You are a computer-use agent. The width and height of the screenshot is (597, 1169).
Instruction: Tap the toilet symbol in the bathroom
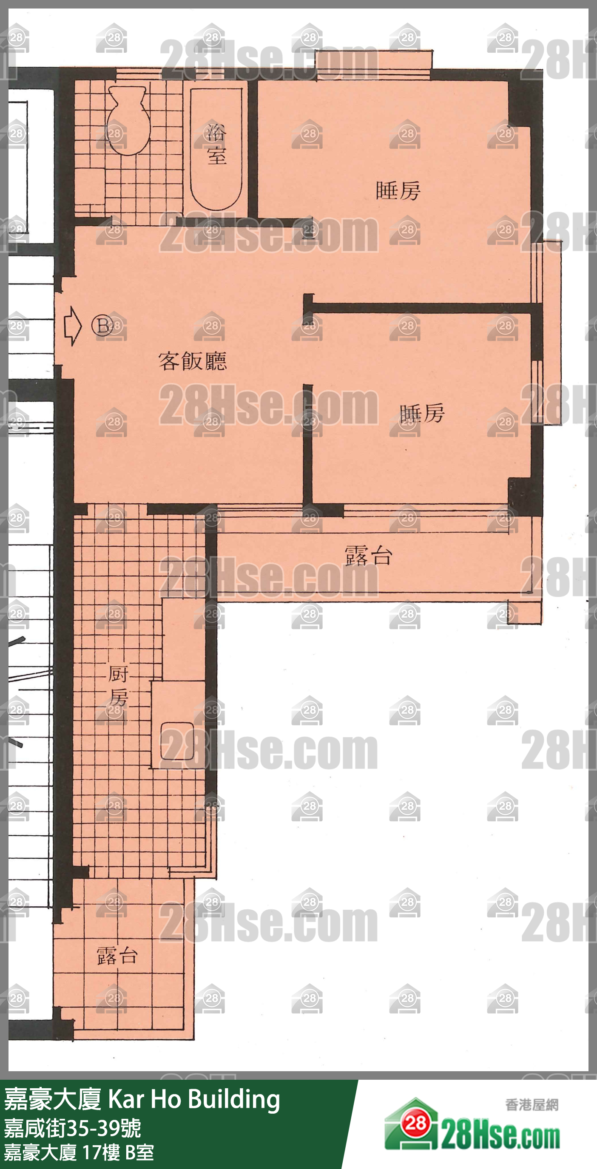[128, 120]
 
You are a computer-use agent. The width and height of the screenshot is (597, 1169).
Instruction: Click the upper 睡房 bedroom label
[398, 190]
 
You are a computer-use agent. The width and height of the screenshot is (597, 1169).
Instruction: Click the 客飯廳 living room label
[193, 361]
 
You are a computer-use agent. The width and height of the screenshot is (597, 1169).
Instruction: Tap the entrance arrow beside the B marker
[73, 326]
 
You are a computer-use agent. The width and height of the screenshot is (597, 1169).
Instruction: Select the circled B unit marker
[102, 325]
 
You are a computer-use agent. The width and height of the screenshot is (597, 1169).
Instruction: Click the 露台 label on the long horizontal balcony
[369, 556]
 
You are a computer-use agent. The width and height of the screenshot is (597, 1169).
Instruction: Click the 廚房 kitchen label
[119, 686]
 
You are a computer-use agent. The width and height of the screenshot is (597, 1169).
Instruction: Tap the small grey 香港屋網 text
[532, 1104]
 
